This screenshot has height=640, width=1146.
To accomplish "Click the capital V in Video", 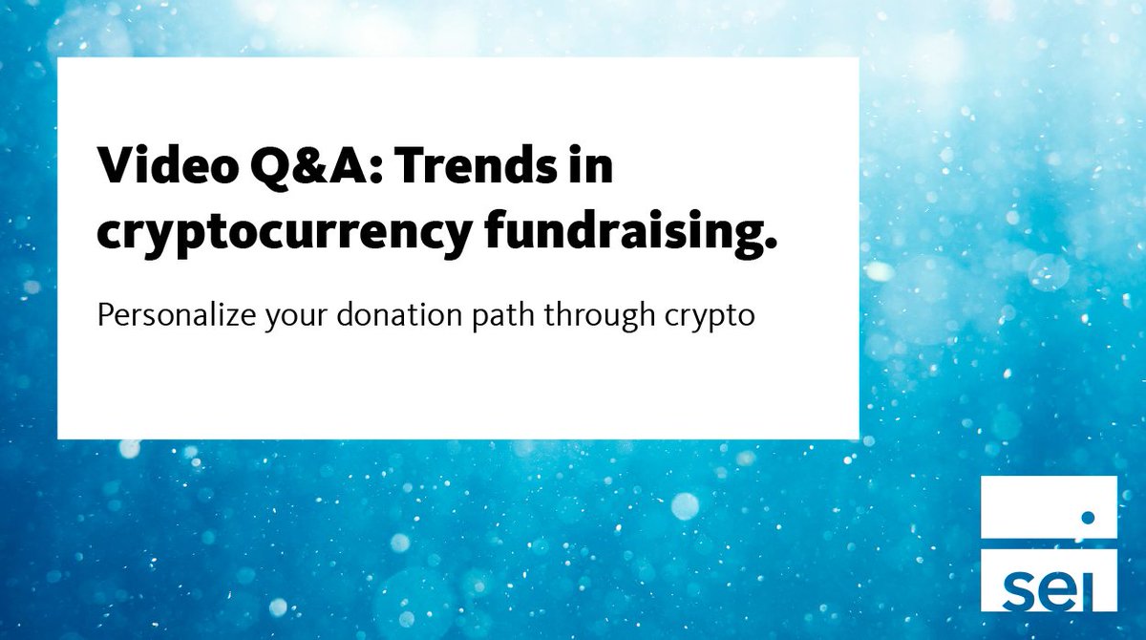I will [x=116, y=170].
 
